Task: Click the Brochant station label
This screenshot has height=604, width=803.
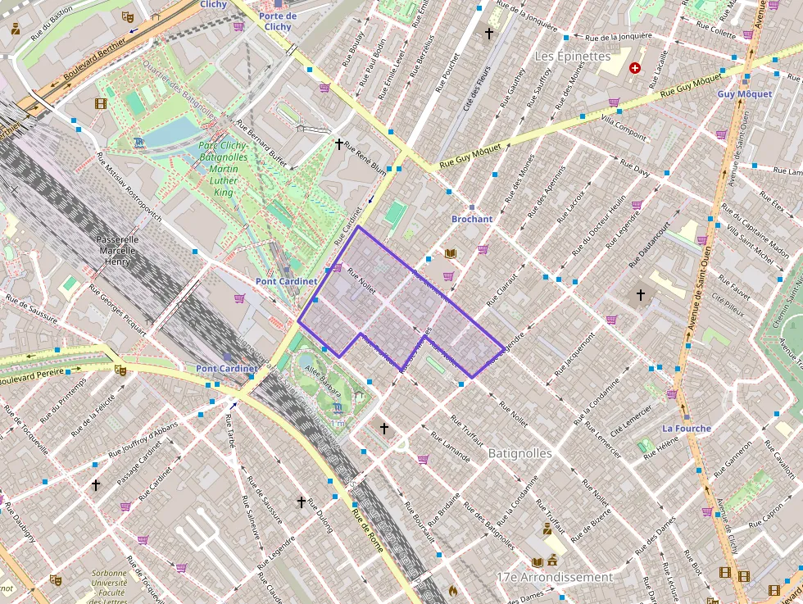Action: (x=472, y=219)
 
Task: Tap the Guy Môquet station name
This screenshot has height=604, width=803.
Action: (x=744, y=94)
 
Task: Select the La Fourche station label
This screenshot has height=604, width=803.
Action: (x=687, y=428)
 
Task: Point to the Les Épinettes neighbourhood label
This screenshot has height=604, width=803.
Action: (x=573, y=57)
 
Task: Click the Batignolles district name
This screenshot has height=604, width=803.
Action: (x=519, y=452)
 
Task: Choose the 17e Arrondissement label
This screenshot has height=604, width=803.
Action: (x=555, y=577)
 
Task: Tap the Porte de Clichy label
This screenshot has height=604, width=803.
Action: (x=278, y=21)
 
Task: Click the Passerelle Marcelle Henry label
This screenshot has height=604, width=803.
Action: (x=118, y=250)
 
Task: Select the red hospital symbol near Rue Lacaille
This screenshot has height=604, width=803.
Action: (x=634, y=69)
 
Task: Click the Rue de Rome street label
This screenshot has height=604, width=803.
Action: (x=368, y=531)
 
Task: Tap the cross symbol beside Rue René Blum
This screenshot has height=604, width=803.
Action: (x=338, y=144)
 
